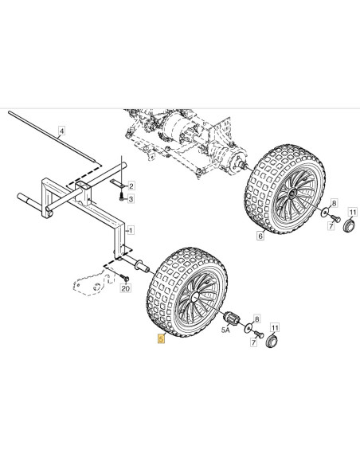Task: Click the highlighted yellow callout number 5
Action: click(x=161, y=338)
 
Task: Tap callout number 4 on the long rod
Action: click(x=61, y=131)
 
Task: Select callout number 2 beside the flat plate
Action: click(x=131, y=186)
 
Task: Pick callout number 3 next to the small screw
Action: click(x=131, y=199)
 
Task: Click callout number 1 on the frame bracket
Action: click(x=131, y=230)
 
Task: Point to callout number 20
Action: click(x=126, y=288)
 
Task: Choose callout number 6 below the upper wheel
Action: click(x=260, y=236)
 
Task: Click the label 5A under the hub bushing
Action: click(x=225, y=330)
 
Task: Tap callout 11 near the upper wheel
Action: click(x=352, y=213)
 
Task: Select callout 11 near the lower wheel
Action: click(x=275, y=328)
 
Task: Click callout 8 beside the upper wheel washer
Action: click(x=335, y=203)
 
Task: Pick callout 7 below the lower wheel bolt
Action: click(x=253, y=343)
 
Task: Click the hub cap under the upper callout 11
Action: click(x=348, y=225)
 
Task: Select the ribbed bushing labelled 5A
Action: click(x=232, y=318)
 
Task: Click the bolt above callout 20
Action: click(x=125, y=278)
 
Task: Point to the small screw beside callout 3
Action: click(x=122, y=197)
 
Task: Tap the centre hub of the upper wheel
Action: click(x=292, y=193)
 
